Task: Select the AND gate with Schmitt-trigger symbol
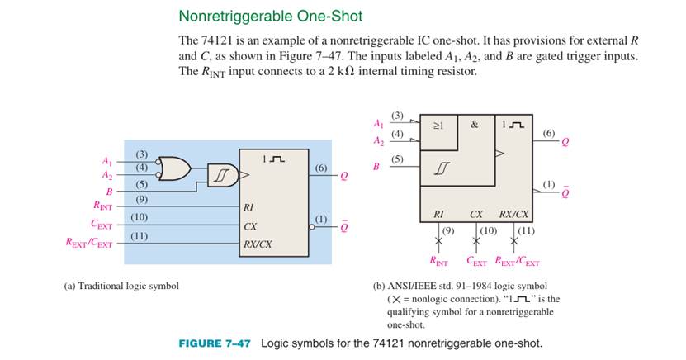(x=225, y=175)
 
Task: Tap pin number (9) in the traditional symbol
(x=141, y=198)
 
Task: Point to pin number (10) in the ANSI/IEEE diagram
(x=488, y=228)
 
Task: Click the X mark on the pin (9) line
(x=438, y=241)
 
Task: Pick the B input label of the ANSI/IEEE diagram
(x=376, y=167)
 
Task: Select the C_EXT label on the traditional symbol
(x=102, y=223)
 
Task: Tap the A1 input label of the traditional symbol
(x=106, y=162)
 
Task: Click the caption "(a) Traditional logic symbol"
(x=121, y=286)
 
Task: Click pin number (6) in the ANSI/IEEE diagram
(x=549, y=133)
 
